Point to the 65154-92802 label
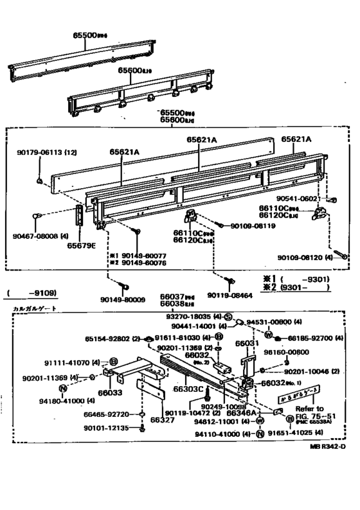[x=107, y=338]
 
